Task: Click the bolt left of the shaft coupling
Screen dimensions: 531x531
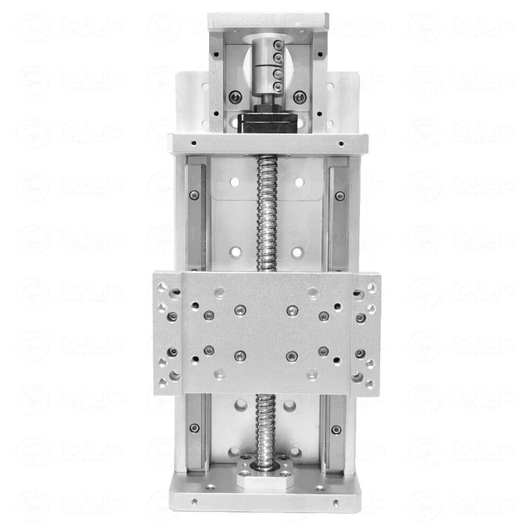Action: pyautogui.click(x=236, y=97)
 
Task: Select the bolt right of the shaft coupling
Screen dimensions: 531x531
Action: pyautogui.click(x=300, y=97)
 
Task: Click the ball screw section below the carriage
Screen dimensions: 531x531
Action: pyautogui.click(x=267, y=423)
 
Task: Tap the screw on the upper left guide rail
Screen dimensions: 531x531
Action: pyautogui.click(x=194, y=196)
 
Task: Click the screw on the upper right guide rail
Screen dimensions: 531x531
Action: pyautogui.click(x=339, y=196)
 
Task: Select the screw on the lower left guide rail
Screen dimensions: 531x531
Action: pyautogui.click(x=194, y=428)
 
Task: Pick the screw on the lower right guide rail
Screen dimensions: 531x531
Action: pyautogui.click(x=336, y=430)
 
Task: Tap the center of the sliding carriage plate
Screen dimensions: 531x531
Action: pyautogui.click(x=265, y=332)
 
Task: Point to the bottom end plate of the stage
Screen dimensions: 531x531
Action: pyautogui.click(x=265, y=498)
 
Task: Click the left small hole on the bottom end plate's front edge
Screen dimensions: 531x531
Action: pyautogui.click(x=194, y=501)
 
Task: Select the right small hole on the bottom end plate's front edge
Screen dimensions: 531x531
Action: pyautogui.click(x=337, y=501)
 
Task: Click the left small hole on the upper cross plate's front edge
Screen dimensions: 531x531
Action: pyautogui.click(x=193, y=143)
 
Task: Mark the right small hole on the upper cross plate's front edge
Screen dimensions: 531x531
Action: pyautogui.click(x=340, y=143)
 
